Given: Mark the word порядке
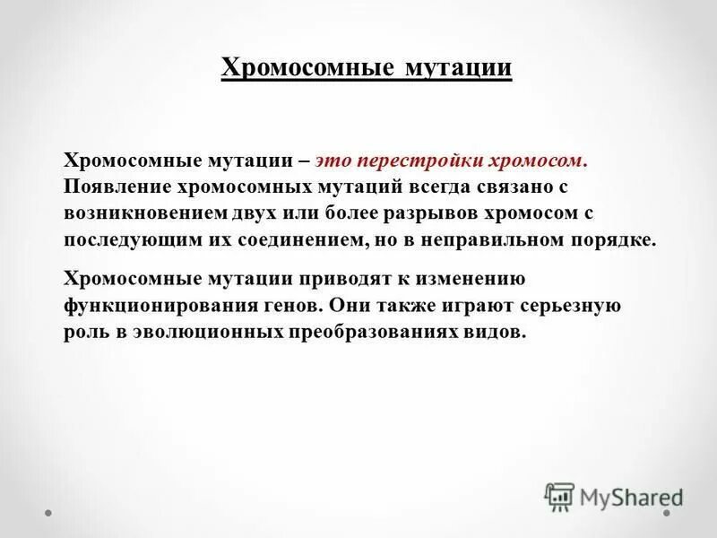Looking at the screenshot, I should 619,242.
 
